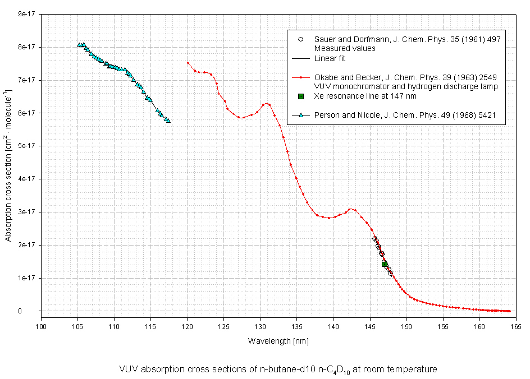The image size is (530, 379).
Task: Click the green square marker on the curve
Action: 385,264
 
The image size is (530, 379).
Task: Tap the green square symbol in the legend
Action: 300,96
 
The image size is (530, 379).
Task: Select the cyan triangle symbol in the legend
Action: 300,115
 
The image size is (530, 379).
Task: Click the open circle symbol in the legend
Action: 300,39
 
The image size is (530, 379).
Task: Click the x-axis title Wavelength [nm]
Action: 278,341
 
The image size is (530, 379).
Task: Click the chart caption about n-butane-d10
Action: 278,369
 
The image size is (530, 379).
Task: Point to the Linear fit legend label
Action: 330,58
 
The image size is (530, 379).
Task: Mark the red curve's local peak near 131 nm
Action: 267,104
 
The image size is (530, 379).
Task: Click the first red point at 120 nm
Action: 188,62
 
